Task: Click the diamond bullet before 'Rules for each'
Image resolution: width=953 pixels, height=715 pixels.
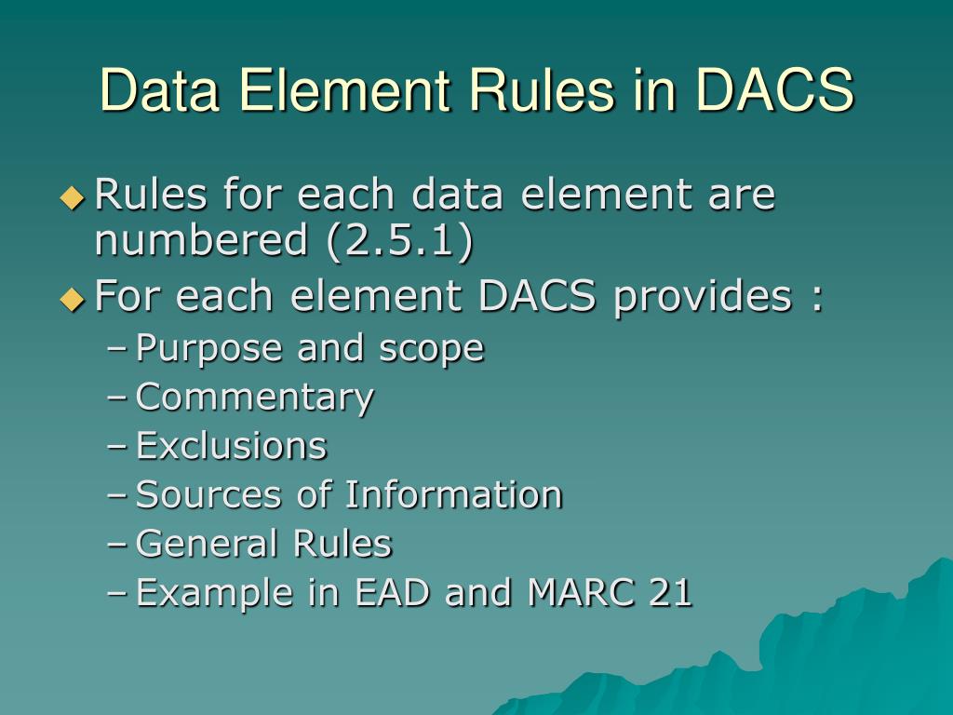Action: [72, 197]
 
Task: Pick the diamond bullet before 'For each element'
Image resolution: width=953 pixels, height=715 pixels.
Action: [72, 299]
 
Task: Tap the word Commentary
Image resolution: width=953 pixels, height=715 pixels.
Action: [255, 398]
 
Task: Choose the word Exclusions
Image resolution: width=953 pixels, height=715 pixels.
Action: [232, 446]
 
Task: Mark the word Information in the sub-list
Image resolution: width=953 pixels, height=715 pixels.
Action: [453, 494]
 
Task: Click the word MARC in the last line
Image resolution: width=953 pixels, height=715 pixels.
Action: [574, 592]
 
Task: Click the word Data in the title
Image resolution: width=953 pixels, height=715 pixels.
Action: [156, 90]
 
